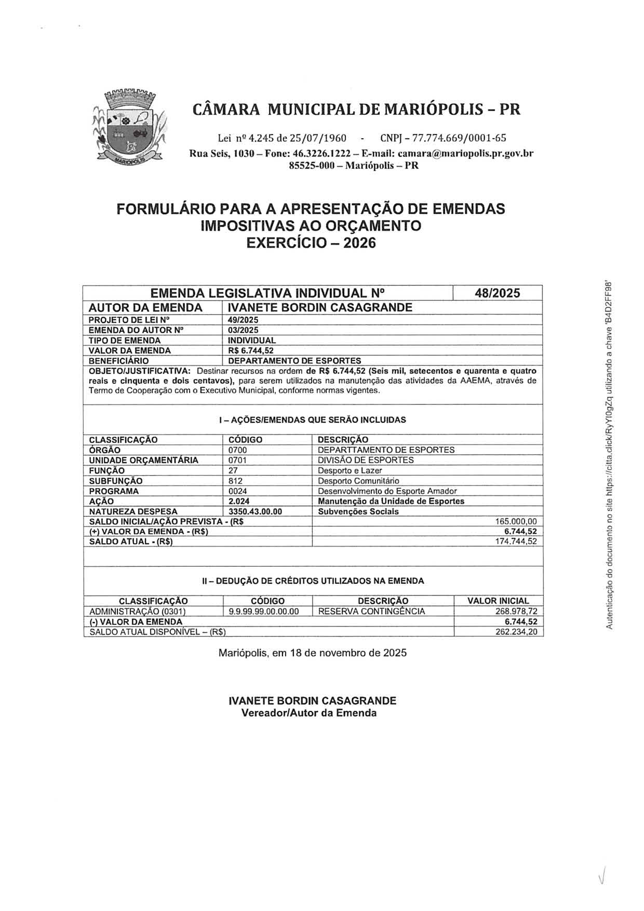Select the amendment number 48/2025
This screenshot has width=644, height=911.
[x=497, y=293]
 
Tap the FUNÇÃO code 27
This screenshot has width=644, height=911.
[x=233, y=471]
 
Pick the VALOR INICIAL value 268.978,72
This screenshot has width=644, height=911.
[x=516, y=611]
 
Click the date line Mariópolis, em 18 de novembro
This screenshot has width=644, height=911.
[x=312, y=653]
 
